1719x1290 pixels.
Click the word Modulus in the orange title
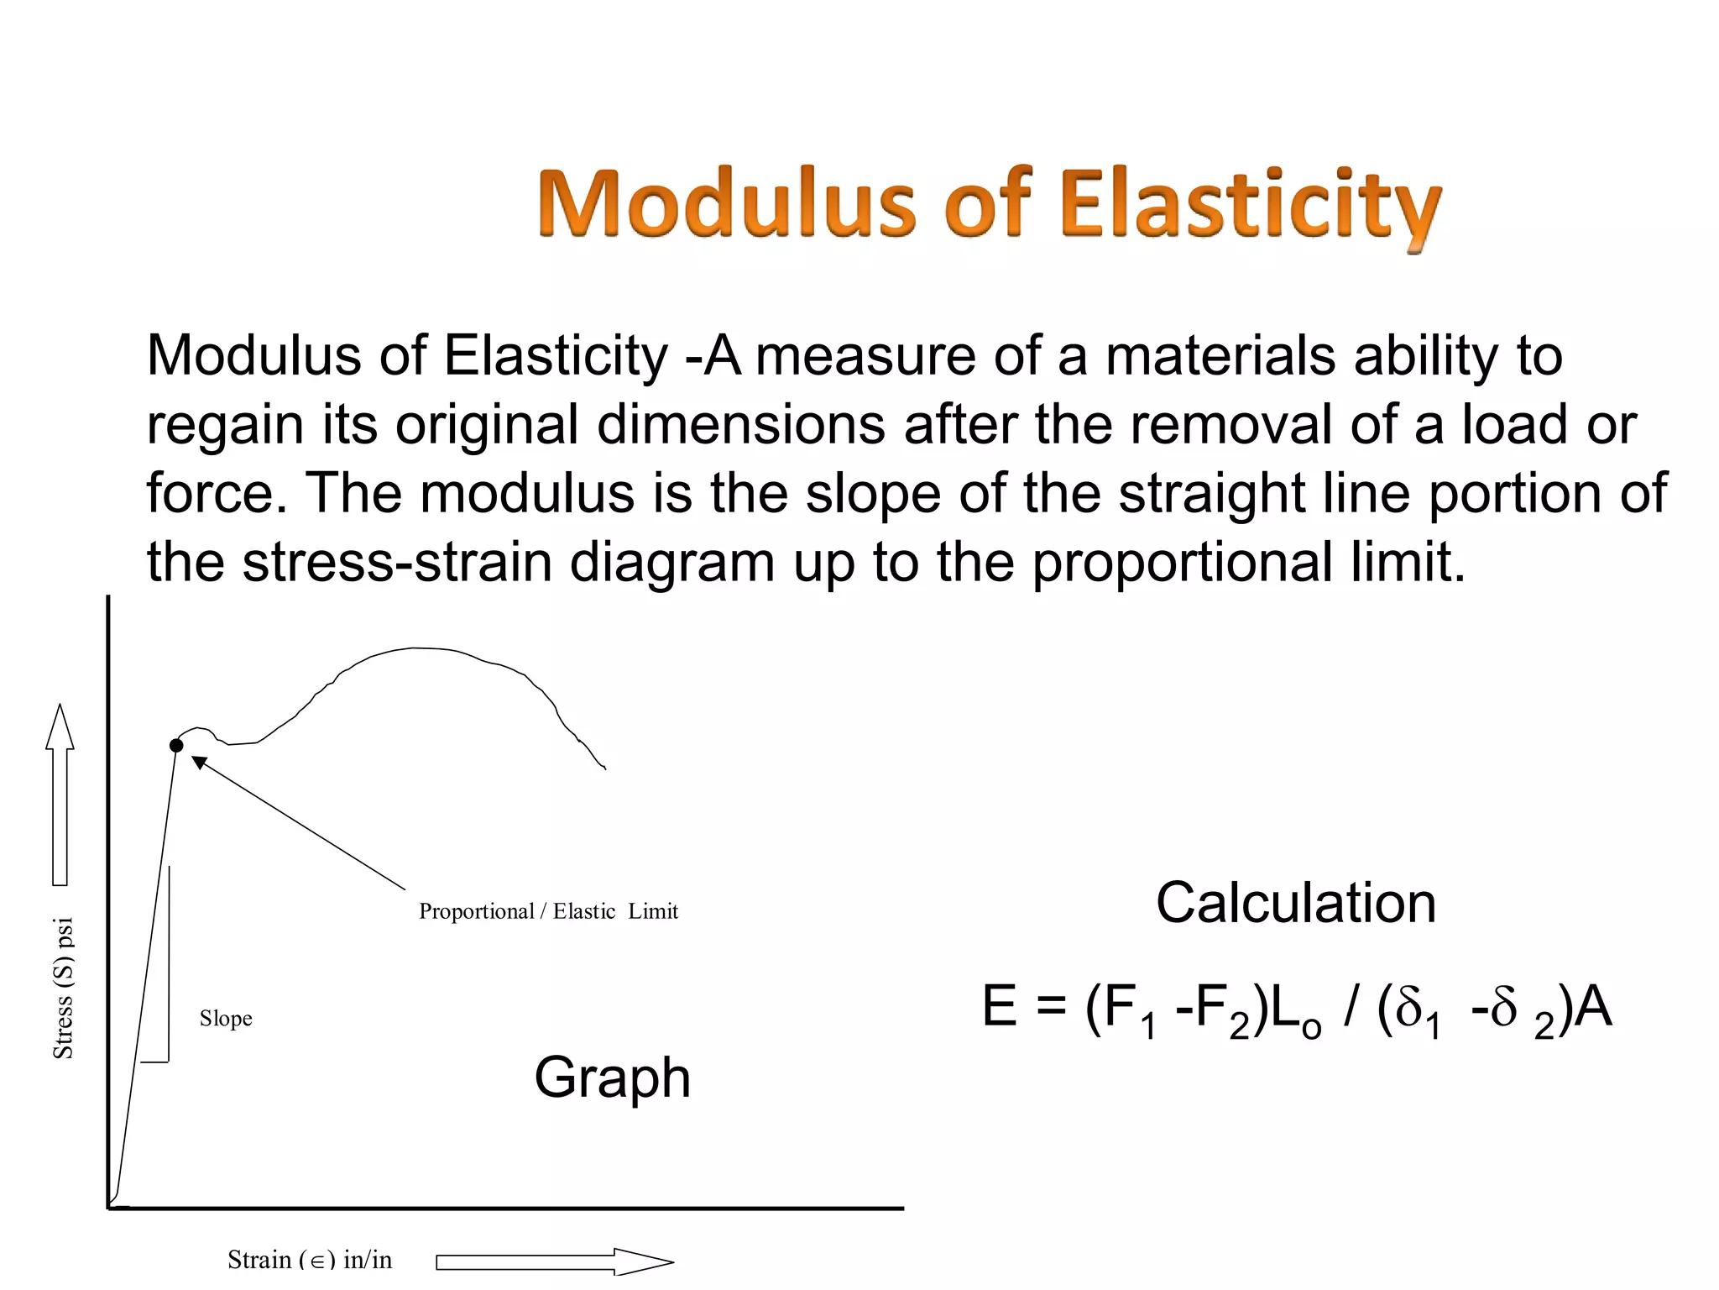(x=727, y=205)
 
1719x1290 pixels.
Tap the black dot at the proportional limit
(x=176, y=745)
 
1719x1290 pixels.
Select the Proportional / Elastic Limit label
(x=548, y=911)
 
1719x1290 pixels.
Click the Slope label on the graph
(x=226, y=1019)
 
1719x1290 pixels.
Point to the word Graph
(x=612, y=1078)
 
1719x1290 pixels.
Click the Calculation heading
(x=1295, y=904)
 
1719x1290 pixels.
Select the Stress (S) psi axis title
(x=64, y=988)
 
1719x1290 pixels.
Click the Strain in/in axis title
(x=310, y=1259)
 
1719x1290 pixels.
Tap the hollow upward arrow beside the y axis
(x=60, y=794)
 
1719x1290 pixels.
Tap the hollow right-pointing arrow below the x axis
(x=554, y=1261)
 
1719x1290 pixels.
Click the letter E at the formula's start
(x=1000, y=1007)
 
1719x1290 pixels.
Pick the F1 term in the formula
(x=1121, y=1010)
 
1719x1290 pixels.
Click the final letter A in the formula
(x=1593, y=1007)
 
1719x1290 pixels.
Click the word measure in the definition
(x=865, y=355)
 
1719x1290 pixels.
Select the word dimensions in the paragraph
(x=740, y=424)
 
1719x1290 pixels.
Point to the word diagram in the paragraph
(x=672, y=563)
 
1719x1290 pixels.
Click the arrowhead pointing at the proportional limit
(x=199, y=762)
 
